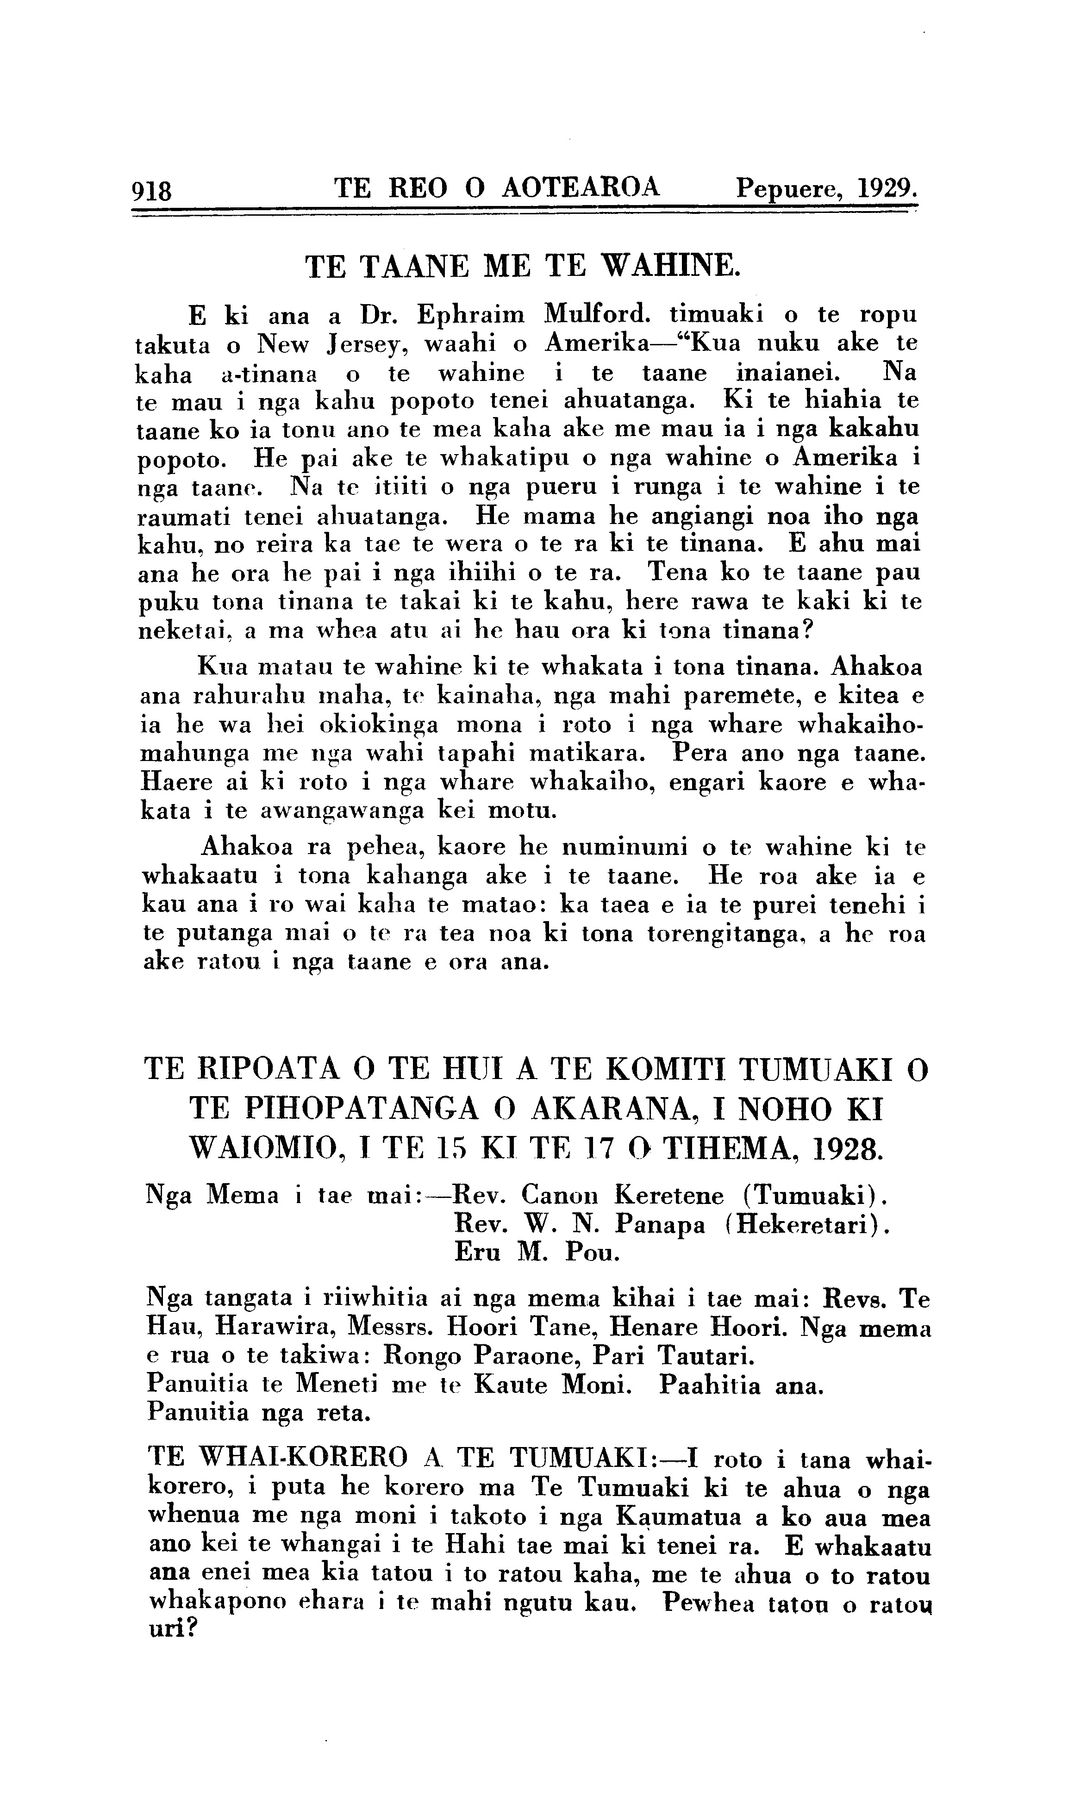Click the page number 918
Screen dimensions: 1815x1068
(152, 192)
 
